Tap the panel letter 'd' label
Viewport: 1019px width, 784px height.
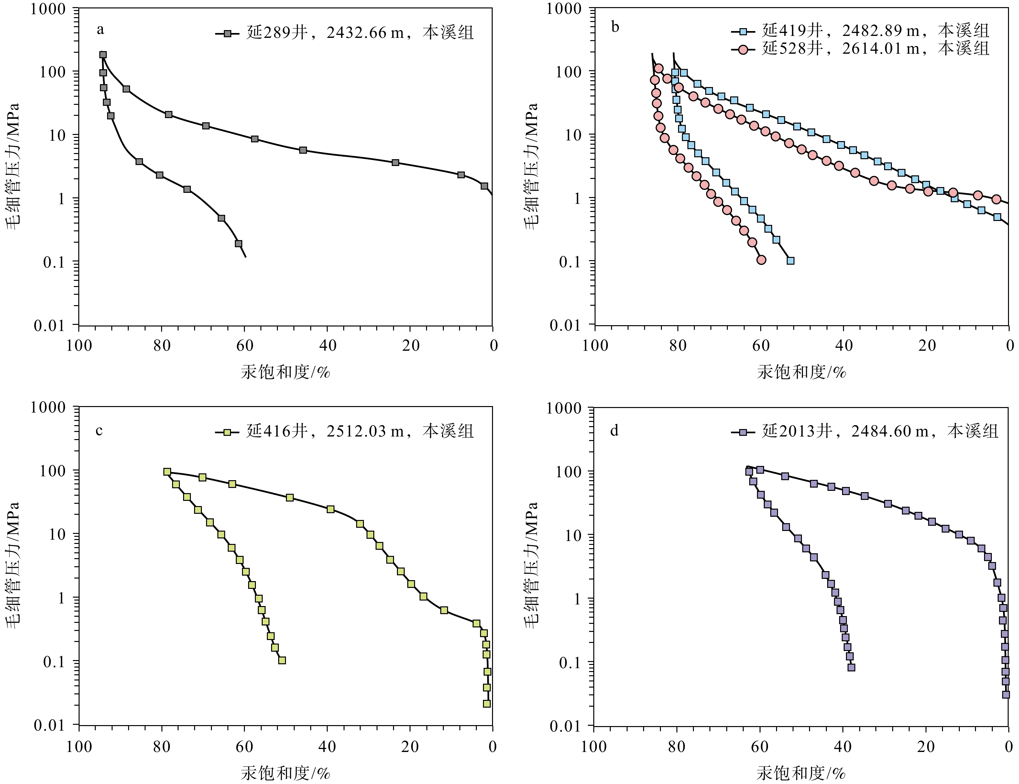tap(615, 430)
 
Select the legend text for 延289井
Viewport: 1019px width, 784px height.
tap(360, 33)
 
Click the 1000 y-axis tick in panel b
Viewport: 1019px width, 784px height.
tap(564, 9)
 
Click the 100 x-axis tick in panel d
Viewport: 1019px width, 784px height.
tap(594, 747)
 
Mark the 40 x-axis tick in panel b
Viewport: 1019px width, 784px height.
tap(844, 346)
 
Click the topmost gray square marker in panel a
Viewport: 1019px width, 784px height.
tap(103, 55)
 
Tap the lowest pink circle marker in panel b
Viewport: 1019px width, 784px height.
tap(762, 260)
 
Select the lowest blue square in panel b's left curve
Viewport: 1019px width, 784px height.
tap(790, 261)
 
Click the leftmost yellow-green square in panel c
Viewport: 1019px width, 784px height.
tap(167, 472)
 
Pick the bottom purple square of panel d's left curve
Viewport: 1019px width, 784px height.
tap(851, 667)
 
